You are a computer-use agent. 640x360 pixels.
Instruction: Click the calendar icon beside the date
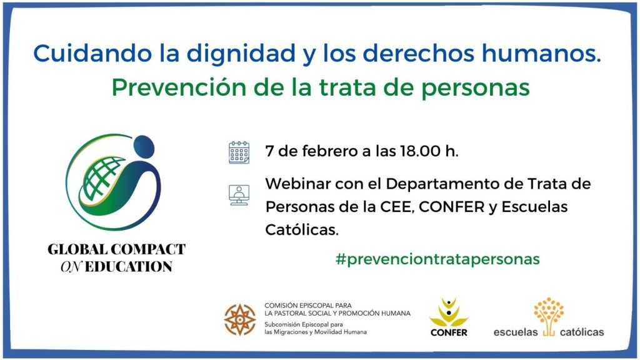click(x=239, y=152)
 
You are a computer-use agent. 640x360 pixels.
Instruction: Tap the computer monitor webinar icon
click(x=239, y=195)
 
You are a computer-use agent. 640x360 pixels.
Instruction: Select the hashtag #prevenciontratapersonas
click(x=437, y=259)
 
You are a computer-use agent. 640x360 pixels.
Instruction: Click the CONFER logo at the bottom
click(x=449, y=317)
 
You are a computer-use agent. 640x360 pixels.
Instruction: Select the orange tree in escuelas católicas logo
click(x=549, y=316)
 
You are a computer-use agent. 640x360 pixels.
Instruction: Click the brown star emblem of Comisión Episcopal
click(x=241, y=320)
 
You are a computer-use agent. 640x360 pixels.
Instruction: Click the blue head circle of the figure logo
click(x=144, y=146)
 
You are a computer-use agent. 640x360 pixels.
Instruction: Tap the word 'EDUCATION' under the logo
click(x=129, y=267)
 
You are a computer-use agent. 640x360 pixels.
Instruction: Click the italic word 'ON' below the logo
click(x=71, y=267)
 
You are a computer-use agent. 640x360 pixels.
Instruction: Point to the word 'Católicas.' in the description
click(x=302, y=230)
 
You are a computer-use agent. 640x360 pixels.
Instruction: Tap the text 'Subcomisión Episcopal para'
click(x=304, y=325)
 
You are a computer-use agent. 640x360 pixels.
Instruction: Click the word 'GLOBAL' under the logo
click(x=76, y=249)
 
